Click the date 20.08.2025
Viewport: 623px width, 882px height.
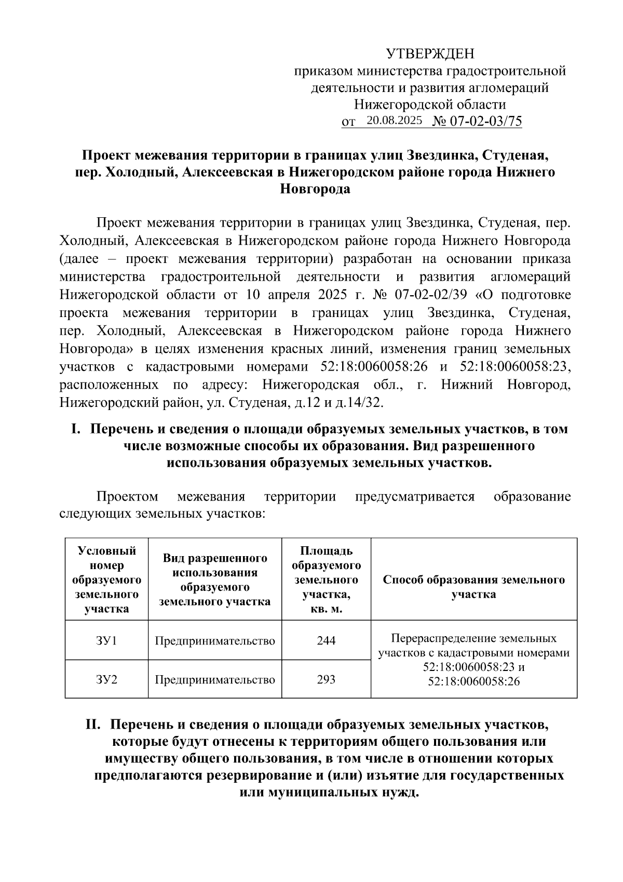[394, 121]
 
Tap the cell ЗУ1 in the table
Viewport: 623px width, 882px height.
[106, 640]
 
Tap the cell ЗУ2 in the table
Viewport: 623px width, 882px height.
[106, 679]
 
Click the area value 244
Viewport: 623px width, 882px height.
[326, 640]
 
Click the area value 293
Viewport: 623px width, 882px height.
[326, 679]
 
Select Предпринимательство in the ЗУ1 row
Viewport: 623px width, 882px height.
[214, 640]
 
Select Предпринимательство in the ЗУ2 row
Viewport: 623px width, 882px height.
[214, 679]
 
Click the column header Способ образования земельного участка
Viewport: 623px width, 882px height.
[473, 587]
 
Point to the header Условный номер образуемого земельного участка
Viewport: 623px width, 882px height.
[106, 580]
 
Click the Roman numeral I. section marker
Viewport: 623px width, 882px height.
[76, 429]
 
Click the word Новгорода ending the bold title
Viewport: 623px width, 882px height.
[315, 189]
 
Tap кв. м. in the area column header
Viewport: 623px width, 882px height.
[326, 609]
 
